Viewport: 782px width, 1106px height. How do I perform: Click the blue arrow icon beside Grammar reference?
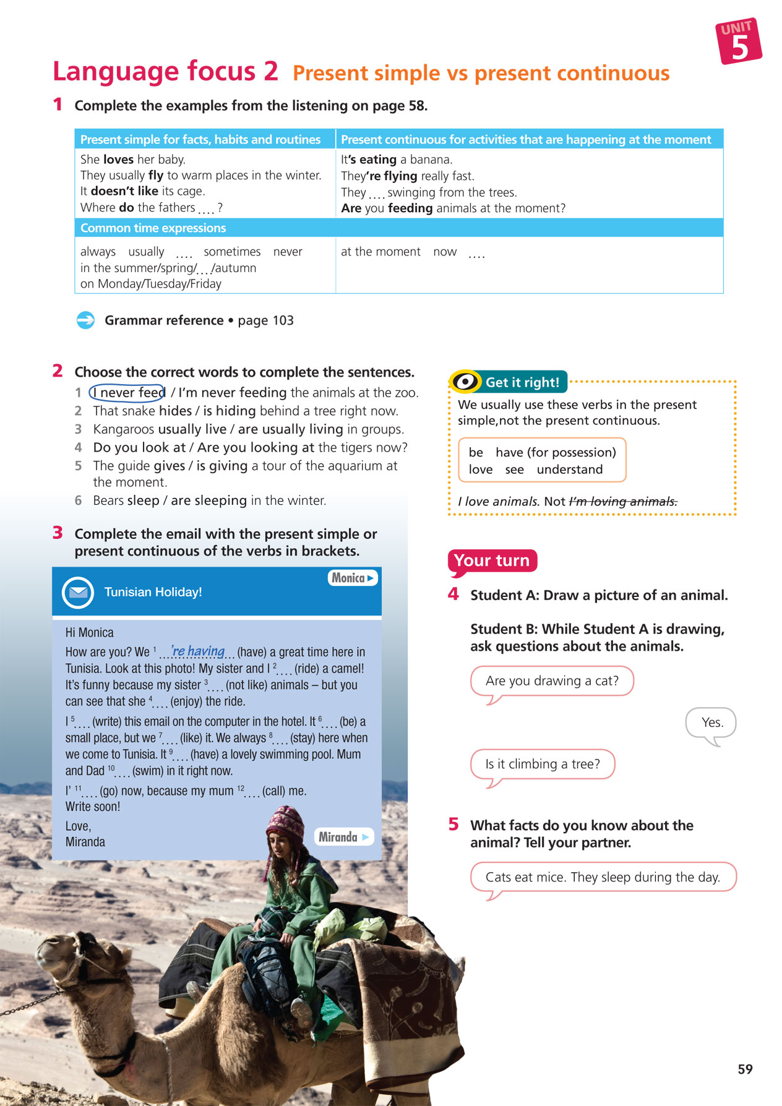[85, 320]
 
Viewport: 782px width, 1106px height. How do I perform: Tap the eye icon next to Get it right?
[465, 382]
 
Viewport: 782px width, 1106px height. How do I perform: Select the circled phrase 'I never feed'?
[127, 392]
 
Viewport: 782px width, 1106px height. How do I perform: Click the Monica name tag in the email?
[352, 578]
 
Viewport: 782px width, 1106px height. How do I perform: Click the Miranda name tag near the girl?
[343, 837]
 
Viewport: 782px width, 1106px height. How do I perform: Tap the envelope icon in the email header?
[78, 592]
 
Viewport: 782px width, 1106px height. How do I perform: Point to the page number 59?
[745, 1069]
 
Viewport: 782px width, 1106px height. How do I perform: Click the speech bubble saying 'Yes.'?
[711, 722]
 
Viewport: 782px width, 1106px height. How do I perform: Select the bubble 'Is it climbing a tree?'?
[542, 764]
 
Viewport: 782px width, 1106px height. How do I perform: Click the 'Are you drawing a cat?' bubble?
[551, 680]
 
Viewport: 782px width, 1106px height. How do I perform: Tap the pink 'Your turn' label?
[492, 560]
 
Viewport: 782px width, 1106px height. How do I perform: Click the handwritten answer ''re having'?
[198, 651]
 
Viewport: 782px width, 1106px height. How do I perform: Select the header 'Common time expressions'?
[153, 228]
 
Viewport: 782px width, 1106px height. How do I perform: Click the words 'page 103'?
[265, 320]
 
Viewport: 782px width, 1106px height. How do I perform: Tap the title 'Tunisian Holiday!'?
[153, 592]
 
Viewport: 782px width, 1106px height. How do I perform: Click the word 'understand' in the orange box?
[569, 469]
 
